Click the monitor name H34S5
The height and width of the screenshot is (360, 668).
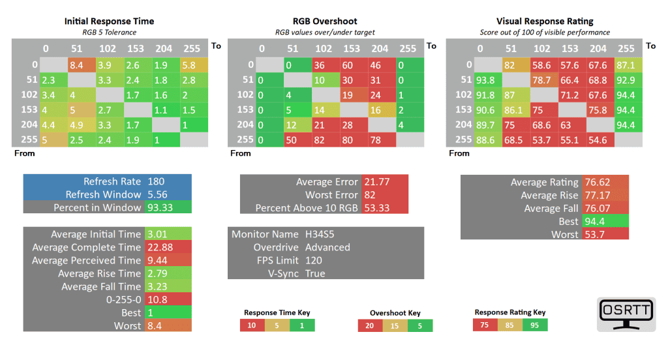(x=320, y=234)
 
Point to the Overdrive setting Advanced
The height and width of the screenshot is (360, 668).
(x=327, y=247)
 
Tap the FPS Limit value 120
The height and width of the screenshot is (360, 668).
(x=314, y=260)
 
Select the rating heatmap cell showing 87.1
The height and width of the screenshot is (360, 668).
(x=626, y=65)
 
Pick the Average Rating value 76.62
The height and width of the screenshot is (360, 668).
(x=603, y=183)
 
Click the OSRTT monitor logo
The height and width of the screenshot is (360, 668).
(x=626, y=314)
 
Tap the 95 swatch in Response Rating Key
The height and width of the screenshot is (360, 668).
(x=535, y=325)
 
